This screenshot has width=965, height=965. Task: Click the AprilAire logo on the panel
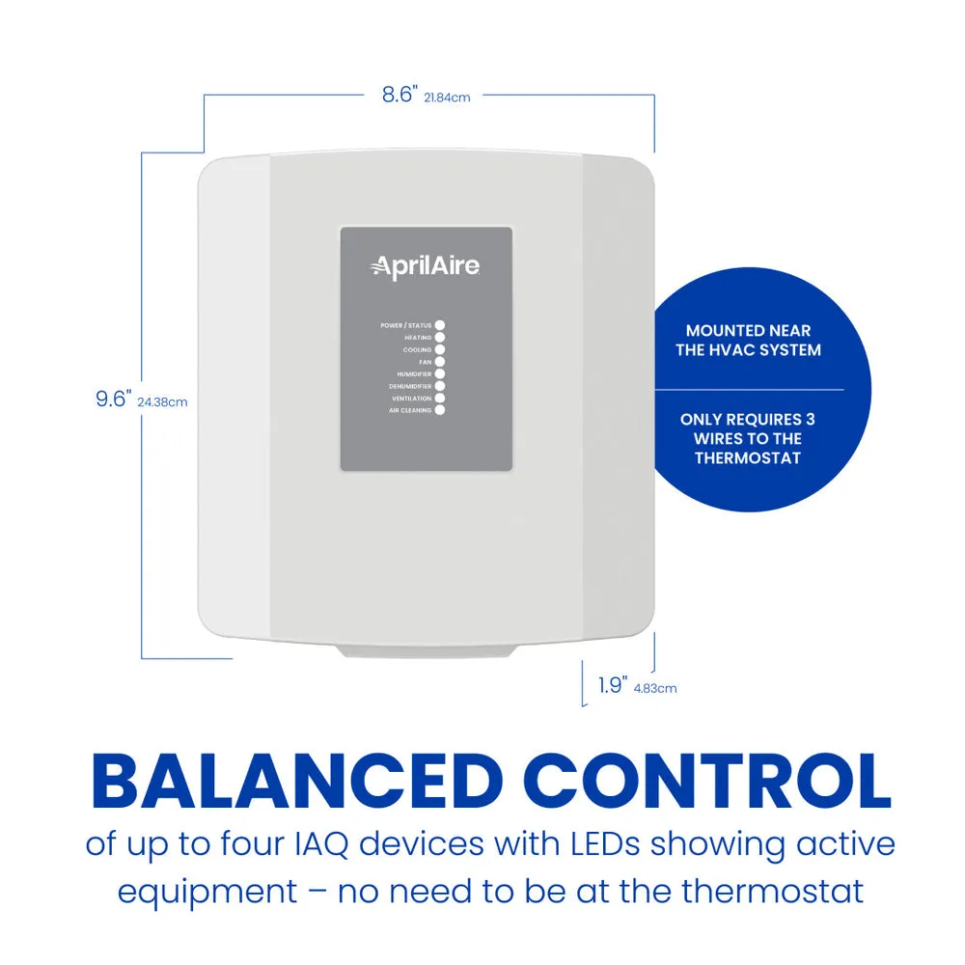point(425,266)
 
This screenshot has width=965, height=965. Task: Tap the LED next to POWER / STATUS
point(439,325)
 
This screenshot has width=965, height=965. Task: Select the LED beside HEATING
point(439,337)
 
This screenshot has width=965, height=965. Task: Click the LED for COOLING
point(439,349)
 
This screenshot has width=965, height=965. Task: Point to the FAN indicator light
point(439,362)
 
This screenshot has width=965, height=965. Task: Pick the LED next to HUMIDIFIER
point(439,373)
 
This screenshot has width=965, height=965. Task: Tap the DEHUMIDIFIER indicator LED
point(439,386)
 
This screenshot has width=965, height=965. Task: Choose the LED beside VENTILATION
point(439,399)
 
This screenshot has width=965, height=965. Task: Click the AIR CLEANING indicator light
point(439,410)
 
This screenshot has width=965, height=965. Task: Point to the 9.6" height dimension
point(113,399)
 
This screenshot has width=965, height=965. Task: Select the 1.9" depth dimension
point(613,685)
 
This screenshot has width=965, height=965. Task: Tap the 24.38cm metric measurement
point(162,402)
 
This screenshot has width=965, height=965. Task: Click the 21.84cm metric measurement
point(448,97)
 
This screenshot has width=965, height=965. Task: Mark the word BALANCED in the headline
point(297,782)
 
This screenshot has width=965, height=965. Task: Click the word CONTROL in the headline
point(711,782)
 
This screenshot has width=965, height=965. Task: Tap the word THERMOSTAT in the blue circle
point(748,458)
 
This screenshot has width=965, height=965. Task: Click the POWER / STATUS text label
point(405,325)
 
